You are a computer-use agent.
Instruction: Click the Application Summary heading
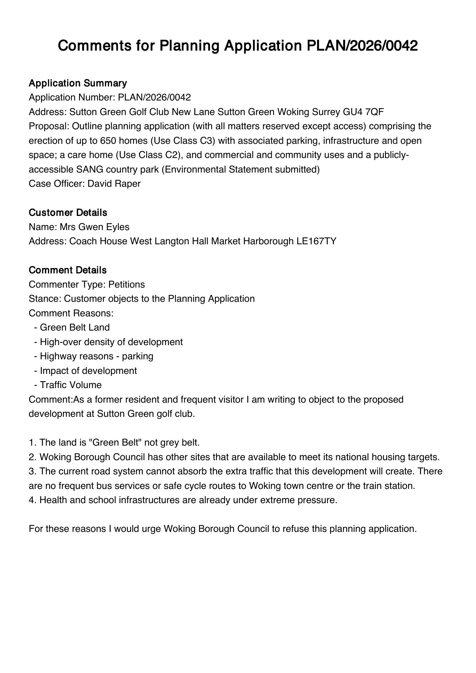click(78, 83)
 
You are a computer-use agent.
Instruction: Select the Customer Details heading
click(68, 212)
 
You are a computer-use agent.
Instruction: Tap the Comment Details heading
click(68, 270)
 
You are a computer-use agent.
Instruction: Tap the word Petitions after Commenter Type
click(127, 285)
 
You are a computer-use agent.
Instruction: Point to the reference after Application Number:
click(154, 97)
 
